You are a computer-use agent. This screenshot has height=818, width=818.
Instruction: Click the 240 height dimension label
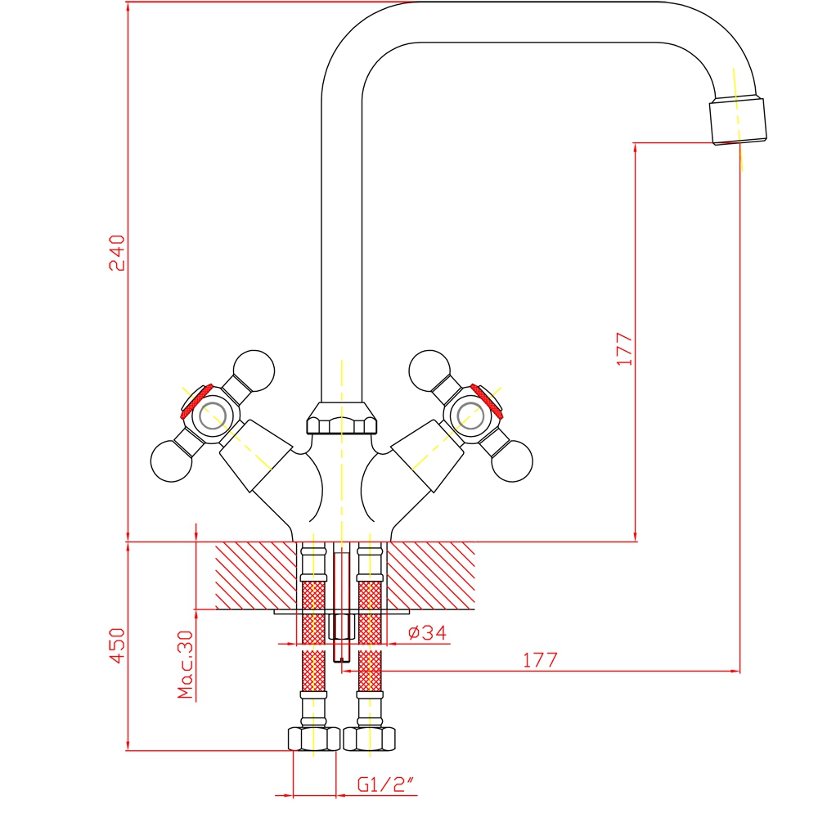[x=117, y=253]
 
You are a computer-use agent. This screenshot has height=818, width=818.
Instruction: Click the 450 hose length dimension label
[x=117, y=645]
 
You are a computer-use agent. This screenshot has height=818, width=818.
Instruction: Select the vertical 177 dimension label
[x=624, y=348]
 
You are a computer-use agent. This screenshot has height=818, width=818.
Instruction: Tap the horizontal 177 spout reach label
[x=540, y=660]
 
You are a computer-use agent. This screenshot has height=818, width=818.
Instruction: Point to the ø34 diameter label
[x=428, y=632]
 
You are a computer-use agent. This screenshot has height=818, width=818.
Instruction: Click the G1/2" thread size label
[x=385, y=784]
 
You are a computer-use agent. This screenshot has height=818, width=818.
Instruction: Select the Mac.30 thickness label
[x=185, y=664]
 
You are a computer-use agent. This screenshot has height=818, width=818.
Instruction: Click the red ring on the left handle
[x=196, y=402]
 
